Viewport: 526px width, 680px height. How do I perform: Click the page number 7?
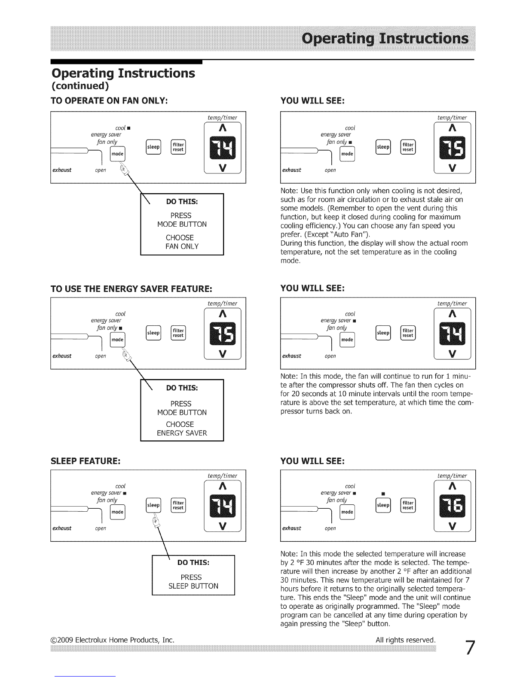(x=470, y=648)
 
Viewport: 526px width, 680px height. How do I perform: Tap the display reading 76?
(x=452, y=506)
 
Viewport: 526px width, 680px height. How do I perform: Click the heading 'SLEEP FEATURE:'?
(x=86, y=461)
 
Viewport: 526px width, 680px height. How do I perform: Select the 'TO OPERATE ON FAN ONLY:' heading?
(x=109, y=101)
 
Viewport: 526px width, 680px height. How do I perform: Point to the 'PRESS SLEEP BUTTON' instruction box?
(x=193, y=575)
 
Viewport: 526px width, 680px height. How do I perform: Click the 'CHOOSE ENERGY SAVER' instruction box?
(x=182, y=410)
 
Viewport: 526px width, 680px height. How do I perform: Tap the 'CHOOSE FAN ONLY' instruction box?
(x=182, y=225)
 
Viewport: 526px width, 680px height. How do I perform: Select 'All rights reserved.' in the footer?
(x=406, y=640)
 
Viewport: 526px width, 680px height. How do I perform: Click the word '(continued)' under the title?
(x=80, y=86)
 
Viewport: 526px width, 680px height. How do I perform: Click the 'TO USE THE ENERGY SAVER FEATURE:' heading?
(x=131, y=288)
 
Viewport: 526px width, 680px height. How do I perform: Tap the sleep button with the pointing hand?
(x=153, y=505)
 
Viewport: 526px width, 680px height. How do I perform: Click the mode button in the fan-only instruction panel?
(x=117, y=154)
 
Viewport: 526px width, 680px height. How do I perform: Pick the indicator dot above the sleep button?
(x=383, y=494)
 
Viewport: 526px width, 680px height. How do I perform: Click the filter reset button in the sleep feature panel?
(x=178, y=505)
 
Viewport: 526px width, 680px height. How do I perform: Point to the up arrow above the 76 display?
(x=453, y=486)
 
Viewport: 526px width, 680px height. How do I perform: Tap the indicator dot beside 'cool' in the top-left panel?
(x=129, y=128)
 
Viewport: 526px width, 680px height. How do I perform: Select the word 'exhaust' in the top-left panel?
(x=62, y=170)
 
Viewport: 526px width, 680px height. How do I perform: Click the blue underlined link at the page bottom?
(x=85, y=676)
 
